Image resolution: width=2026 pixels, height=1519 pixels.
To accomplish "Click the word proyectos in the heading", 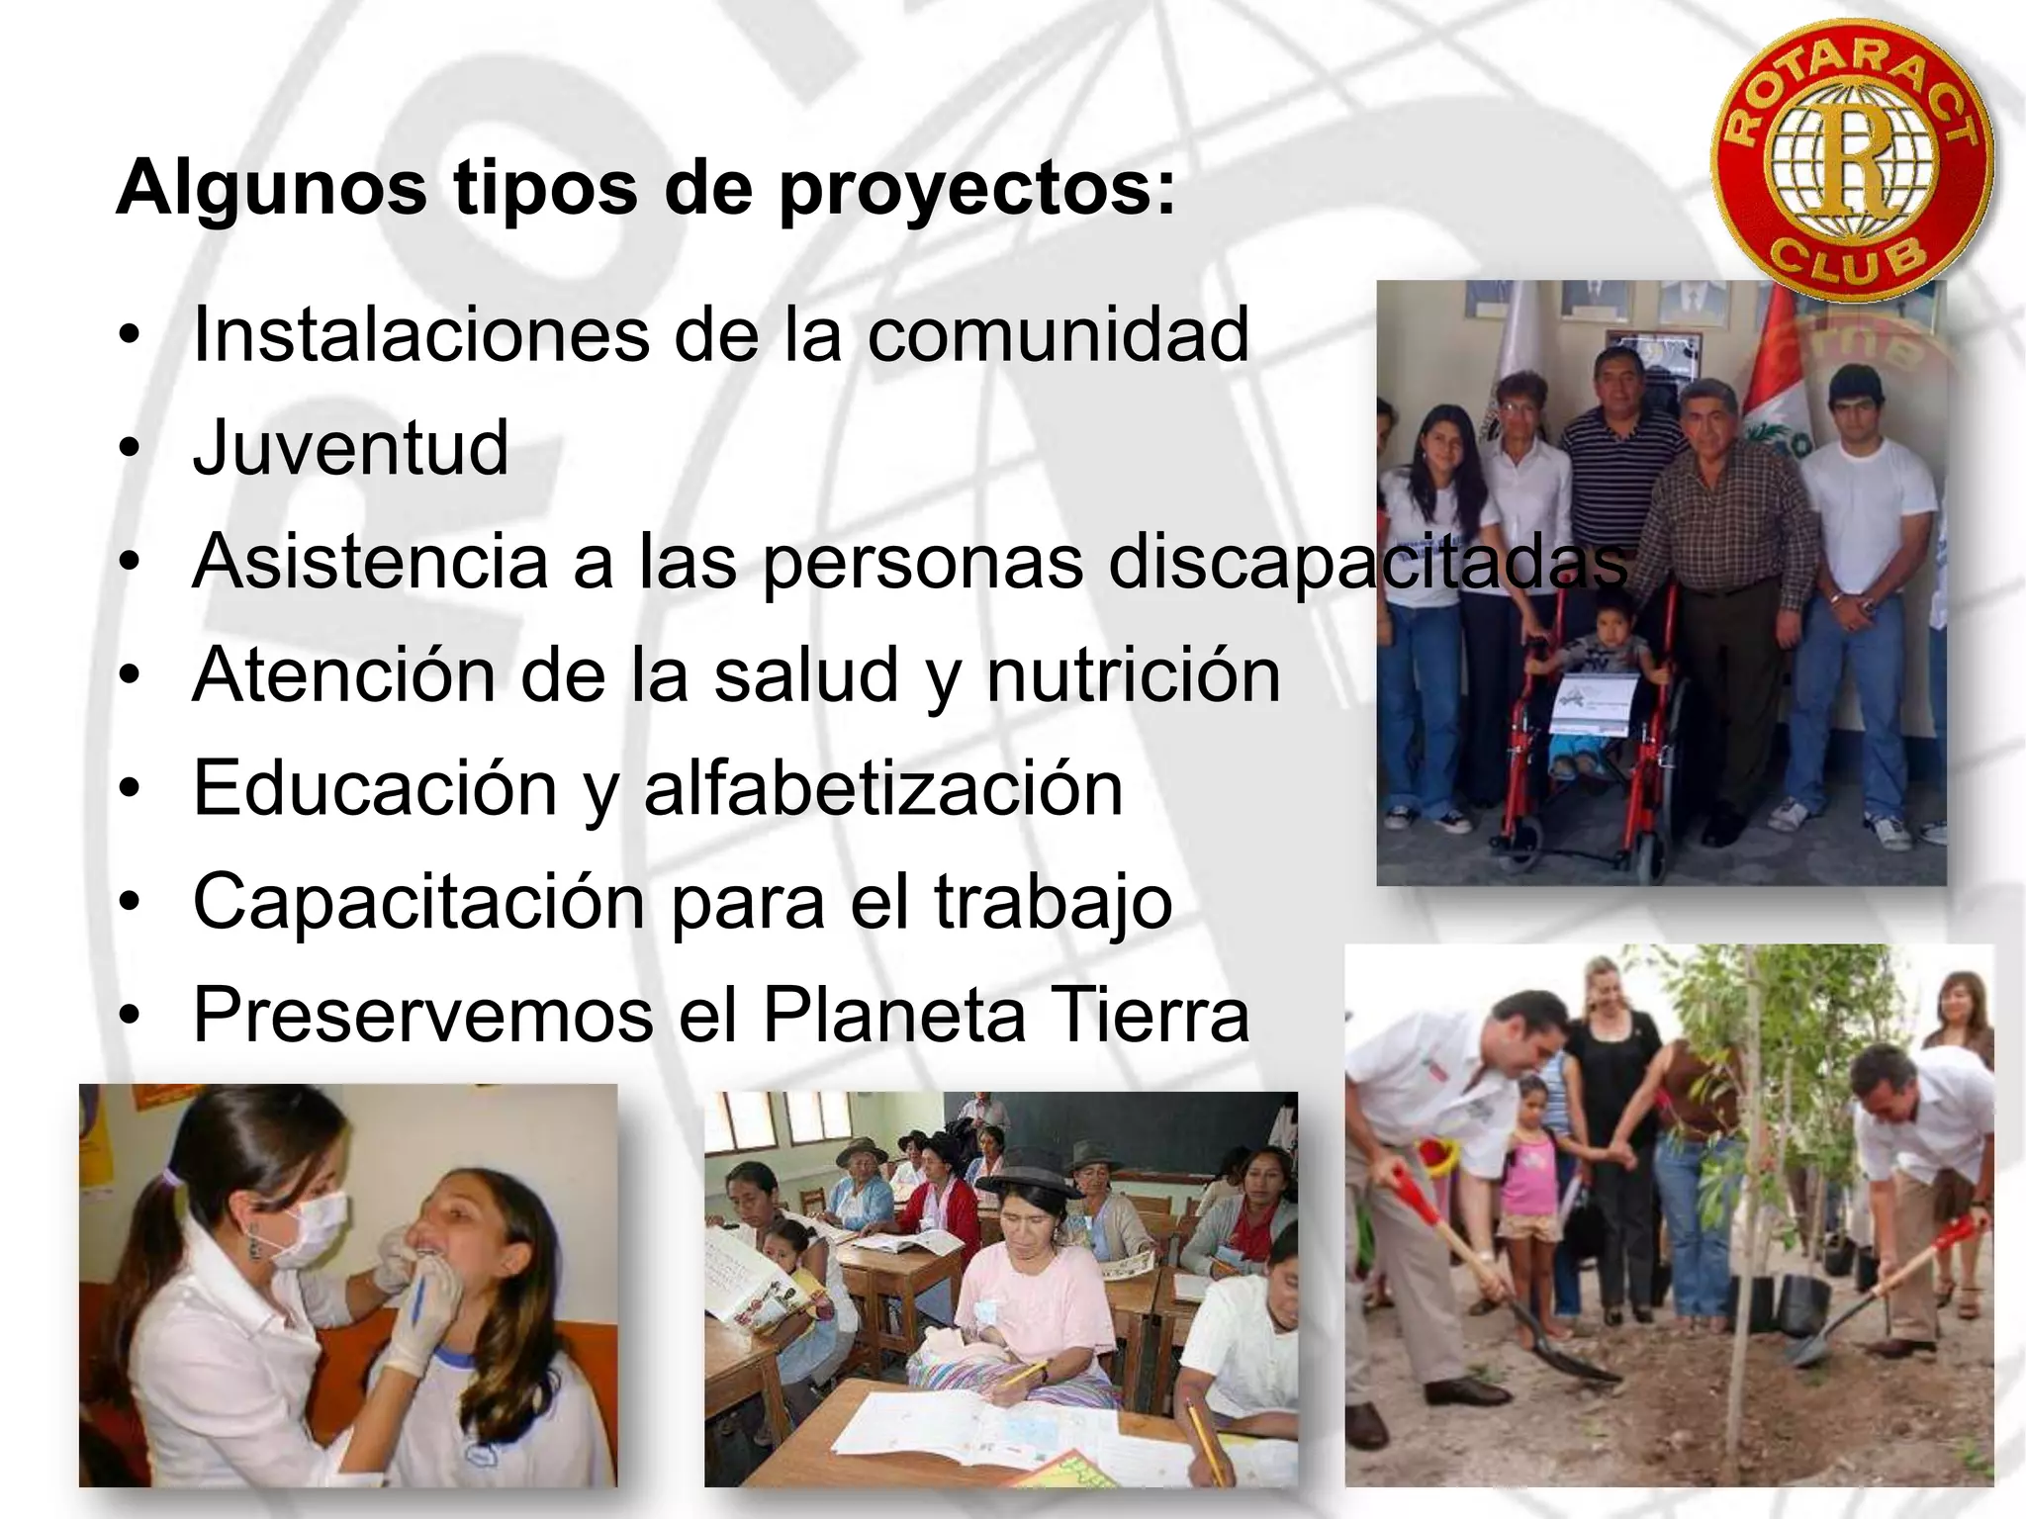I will [977, 188].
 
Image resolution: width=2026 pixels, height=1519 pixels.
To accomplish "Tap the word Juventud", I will [351, 448].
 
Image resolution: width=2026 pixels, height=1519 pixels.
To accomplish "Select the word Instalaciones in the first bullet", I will [420, 334].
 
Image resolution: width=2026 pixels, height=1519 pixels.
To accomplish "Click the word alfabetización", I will [883, 789].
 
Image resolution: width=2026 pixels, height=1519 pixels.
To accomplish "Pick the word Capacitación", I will [418, 902].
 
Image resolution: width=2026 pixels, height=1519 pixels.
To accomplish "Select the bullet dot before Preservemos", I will [128, 1017].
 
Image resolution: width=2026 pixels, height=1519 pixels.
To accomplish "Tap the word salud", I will [804, 675].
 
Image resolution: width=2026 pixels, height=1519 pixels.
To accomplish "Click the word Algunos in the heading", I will [271, 188].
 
